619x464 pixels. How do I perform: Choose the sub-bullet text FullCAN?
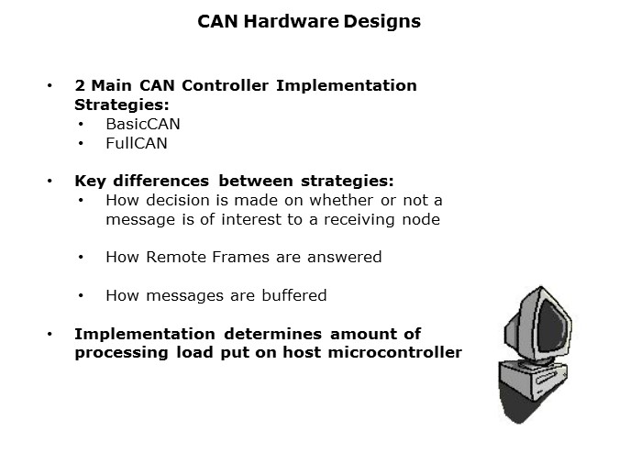point(137,144)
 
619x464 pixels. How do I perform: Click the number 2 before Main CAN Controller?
point(80,85)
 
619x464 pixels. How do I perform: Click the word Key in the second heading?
point(91,181)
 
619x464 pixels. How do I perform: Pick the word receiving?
point(360,219)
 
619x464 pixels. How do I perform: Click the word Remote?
point(171,257)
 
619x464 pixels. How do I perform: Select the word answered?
point(344,257)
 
